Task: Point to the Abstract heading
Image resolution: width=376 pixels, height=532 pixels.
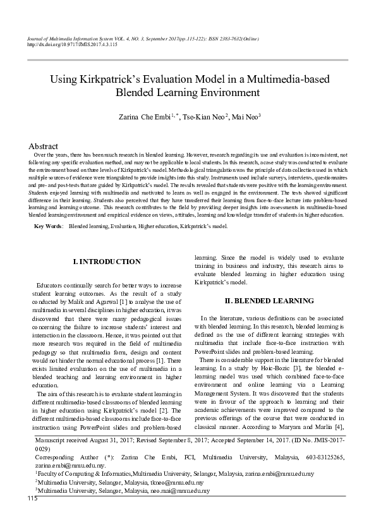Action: (x=44, y=146)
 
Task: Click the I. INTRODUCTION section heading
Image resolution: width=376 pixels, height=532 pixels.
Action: (x=107, y=262)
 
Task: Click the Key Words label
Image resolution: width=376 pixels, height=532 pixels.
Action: (x=48, y=226)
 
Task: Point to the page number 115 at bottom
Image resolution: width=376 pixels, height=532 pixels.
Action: (x=33, y=499)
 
